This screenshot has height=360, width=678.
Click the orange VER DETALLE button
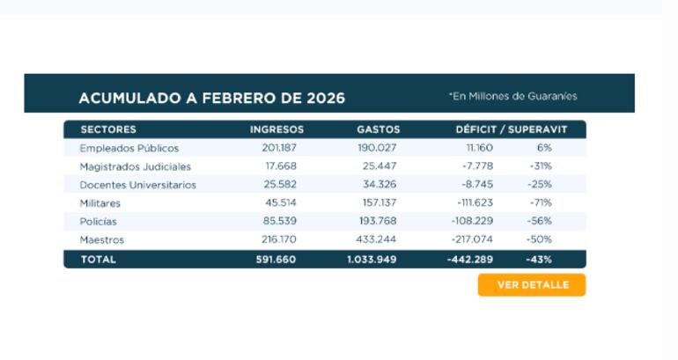pos(532,285)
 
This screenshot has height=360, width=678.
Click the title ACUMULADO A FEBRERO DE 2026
pos(211,98)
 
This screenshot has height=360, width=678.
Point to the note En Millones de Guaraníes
pos(512,96)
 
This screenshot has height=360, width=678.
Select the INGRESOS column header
pos(276,129)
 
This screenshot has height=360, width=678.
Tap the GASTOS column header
pos(379,129)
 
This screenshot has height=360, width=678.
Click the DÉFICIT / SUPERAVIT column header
pos(511,129)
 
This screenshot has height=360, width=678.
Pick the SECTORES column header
pos(107,129)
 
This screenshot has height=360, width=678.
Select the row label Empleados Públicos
pos(129,148)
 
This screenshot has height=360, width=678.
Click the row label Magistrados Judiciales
pos(135,166)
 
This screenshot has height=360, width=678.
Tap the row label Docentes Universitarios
pos(137,185)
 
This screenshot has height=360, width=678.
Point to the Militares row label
pos(99,203)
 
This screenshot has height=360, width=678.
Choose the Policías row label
pos(98,222)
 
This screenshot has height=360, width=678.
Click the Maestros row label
pos(101,240)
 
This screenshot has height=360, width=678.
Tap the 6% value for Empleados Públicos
pos(544,148)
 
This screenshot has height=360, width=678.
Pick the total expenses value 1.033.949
pos(373,260)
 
